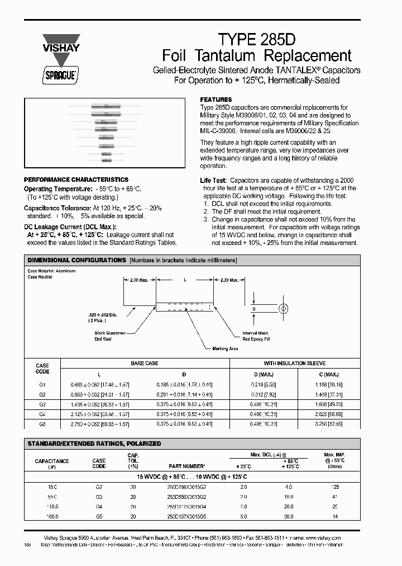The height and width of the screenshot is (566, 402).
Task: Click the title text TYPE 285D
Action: (x=256, y=39)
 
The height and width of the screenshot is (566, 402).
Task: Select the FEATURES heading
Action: (x=216, y=99)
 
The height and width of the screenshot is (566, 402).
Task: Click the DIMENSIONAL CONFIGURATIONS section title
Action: (x=76, y=261)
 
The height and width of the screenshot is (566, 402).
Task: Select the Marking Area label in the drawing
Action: (x=225, y=348)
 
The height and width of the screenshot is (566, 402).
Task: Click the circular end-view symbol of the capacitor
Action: (x=284, y=308)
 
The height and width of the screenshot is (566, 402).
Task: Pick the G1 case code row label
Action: (x=42, y=385)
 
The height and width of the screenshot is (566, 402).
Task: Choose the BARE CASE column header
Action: (x=145, y=364)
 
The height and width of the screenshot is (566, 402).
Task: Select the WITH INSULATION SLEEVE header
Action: (x=295, y=364)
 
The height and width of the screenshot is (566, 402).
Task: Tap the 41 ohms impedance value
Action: (x=335, y=497)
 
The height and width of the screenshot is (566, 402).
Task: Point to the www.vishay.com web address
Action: (x=324, y=537)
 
